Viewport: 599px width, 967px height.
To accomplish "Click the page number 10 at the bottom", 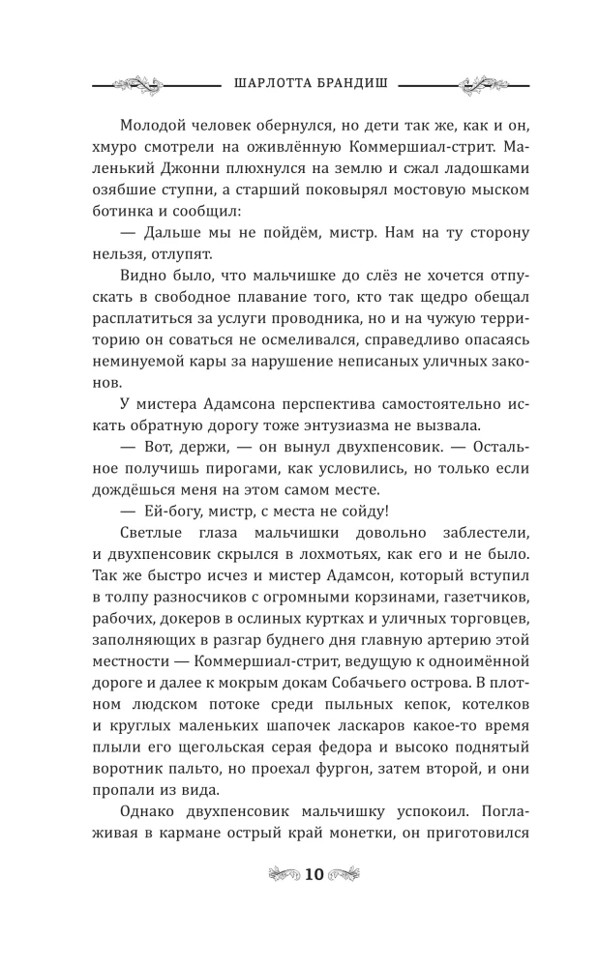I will (314, 874).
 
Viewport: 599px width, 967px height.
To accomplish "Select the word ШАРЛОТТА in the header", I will (276, 83).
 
